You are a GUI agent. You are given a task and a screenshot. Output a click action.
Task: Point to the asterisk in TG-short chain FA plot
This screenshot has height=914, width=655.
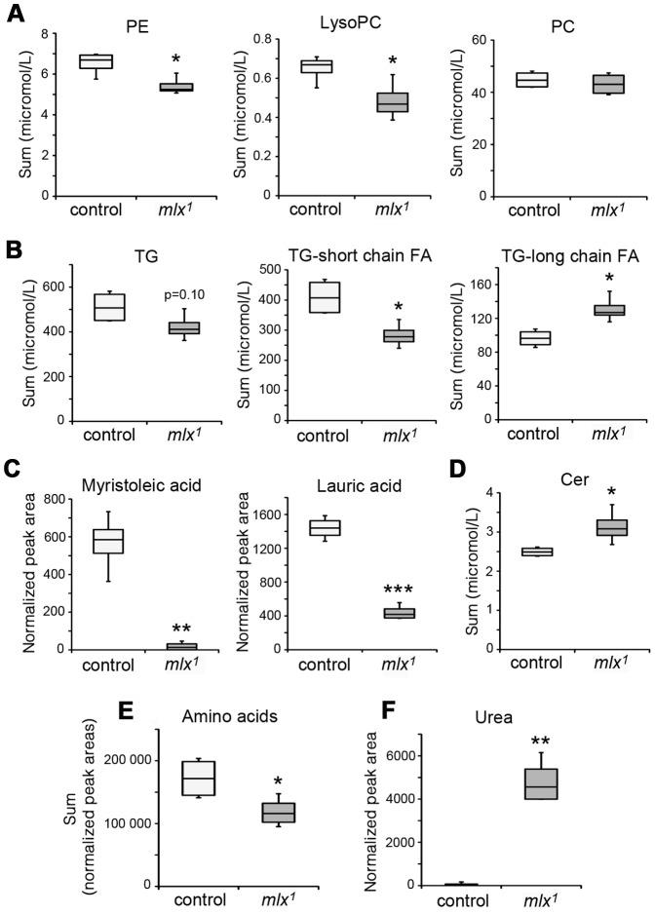(371, 306)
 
